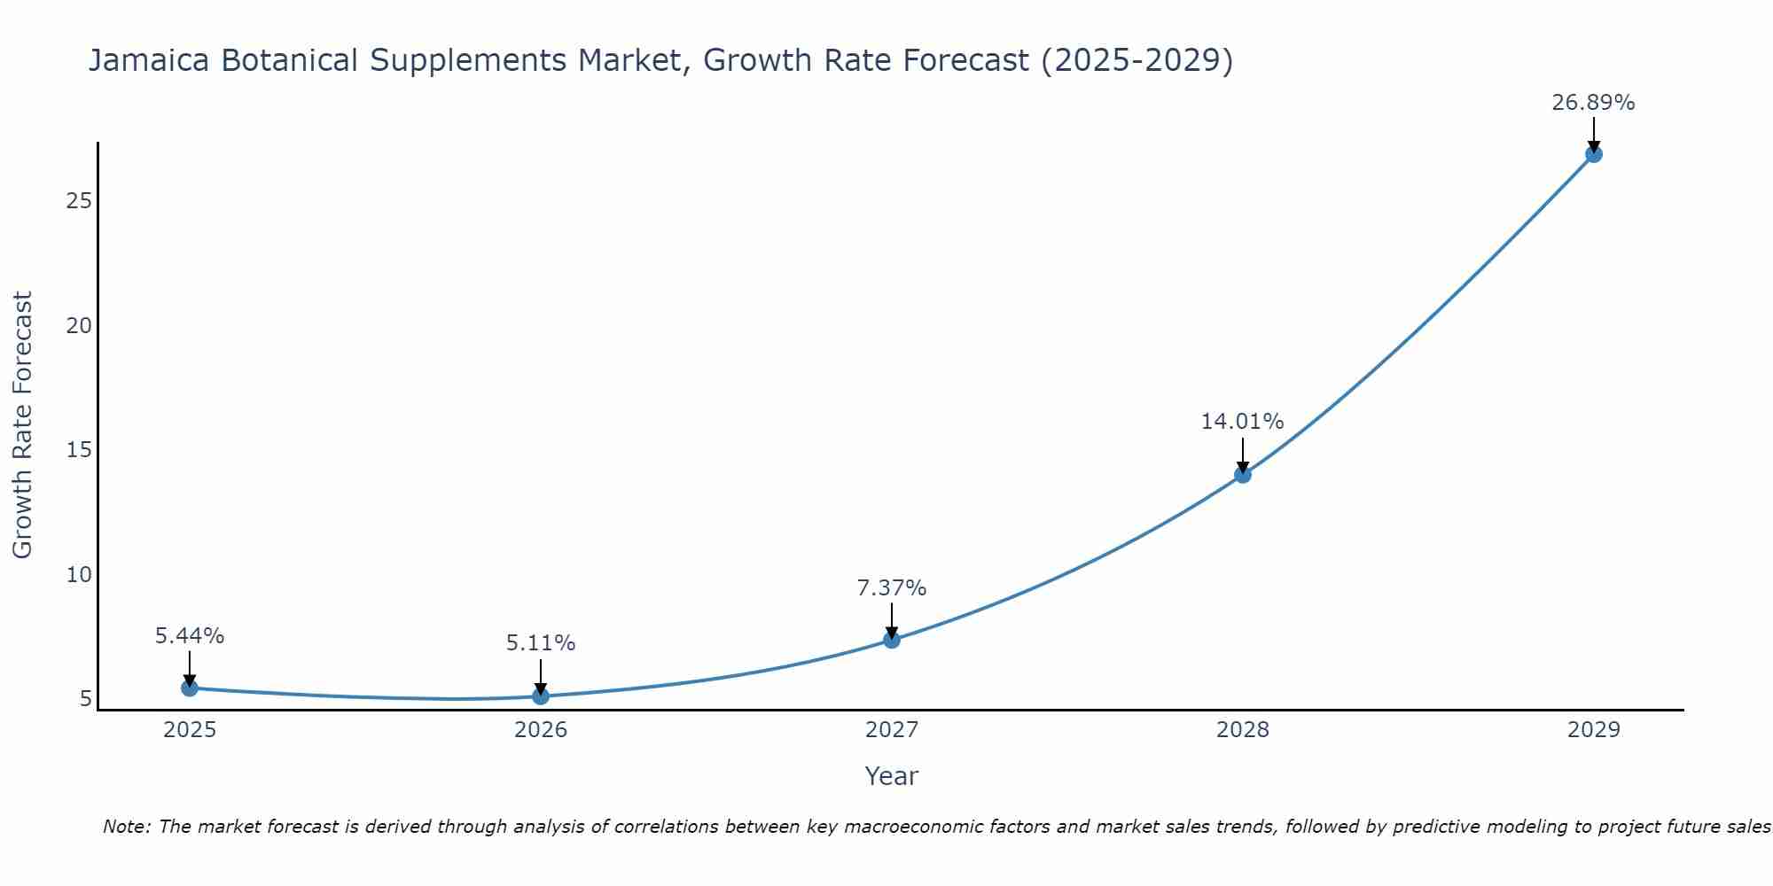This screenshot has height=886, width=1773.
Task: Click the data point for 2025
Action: tap(190, 688)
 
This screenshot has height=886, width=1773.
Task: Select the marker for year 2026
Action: tap(541, 696)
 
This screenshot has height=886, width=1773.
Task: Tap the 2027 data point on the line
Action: tap(892, 640)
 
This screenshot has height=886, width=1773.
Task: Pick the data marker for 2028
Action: tap(1243, 474)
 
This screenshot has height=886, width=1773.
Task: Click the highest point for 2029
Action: tap(1593, 154)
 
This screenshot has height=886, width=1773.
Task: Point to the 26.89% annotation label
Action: tap(1593, 103)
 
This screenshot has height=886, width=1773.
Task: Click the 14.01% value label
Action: tap(1242, 422)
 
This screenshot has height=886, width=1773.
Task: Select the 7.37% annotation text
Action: tap(892, 587)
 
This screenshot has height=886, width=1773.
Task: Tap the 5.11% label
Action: tap(541, 643)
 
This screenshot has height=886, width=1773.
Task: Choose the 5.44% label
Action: tap(190, 636)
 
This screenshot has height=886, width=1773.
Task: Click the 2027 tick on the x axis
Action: tap(892, 730)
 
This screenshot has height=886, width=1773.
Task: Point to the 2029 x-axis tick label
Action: tap(1593, 730)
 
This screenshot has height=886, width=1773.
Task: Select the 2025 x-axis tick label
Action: tap(190, 730)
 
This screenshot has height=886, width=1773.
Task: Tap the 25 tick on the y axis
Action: tap(80, 201)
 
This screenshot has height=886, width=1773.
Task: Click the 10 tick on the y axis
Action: tap(80, 575)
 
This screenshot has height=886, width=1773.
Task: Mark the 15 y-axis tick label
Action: tap(80, 450)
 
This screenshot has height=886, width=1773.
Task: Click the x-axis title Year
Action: tap(892, 776)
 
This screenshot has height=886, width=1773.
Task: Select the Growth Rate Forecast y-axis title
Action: tap(23, 425)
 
